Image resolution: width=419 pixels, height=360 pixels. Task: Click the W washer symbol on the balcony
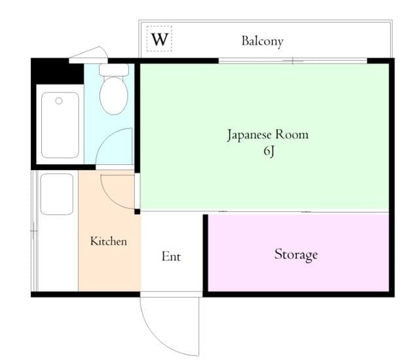pyautogui.click(x=160, y=40)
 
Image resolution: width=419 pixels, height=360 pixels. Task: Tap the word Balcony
pyautogui.click(x=262, y=41)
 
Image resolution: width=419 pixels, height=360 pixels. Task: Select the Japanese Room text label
pyautogui.click(x=267, y=135)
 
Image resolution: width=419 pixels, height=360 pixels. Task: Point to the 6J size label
pyautogui.click(x=267, y=153)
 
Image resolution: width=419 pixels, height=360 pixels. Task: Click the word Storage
pyautogui.click(x=296, y=254)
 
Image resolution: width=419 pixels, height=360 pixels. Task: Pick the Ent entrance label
pyautogui.click(x=171, y=257)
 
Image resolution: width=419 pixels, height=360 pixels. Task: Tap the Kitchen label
pyautogui.click(x=108, y=242)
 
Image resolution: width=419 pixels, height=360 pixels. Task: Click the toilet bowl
pyautogui.click(x=113, y=96)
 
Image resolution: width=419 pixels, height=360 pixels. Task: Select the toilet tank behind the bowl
pyautogui.click(x=113, y=69)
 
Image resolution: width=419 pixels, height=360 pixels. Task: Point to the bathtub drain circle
pyautogui.click(x=59, y=101)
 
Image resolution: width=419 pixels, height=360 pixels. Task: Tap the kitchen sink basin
pyautogui.click(x=56, y=194)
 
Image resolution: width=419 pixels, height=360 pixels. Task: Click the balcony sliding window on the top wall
pyautogui.click(x=293, y=61)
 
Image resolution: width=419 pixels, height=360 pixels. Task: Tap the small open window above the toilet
pyautogui.click(x=89, y=54)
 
